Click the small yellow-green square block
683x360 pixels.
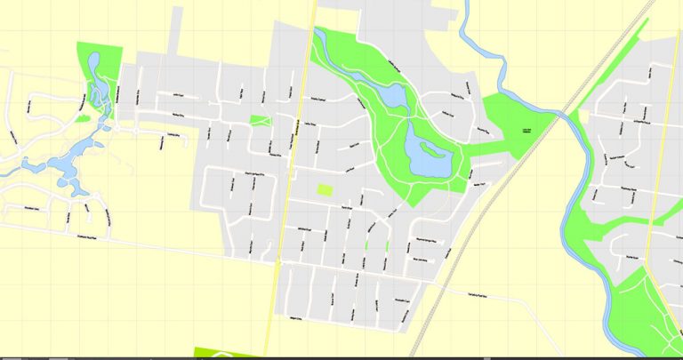pyautogui.click(x=325, y=189)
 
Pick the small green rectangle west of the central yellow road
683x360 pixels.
pyautogui.click(x=260, y=120)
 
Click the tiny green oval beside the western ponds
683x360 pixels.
pyautogui.click(x=82, y=118)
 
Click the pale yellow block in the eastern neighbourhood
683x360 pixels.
pyautogui.click(x=583, y=116)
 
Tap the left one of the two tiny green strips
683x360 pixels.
pyautogui.click(x=366, y=244)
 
